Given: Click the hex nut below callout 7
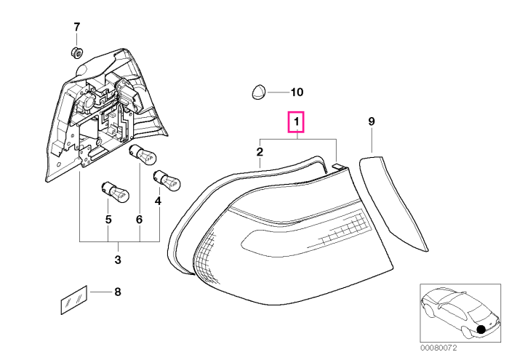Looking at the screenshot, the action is click(x=76, y=52).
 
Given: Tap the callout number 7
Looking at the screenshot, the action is click(x=76, y=27).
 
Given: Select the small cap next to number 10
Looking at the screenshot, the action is click(x=259, y=92).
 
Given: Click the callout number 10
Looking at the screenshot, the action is click(x=297, y=92).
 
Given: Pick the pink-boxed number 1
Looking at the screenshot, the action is click(x=296, y=122).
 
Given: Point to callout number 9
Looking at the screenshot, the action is click(x=372, y=121).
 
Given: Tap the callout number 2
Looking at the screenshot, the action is click(x=260, y=152).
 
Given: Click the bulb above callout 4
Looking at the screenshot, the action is click(x=167, y=180).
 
